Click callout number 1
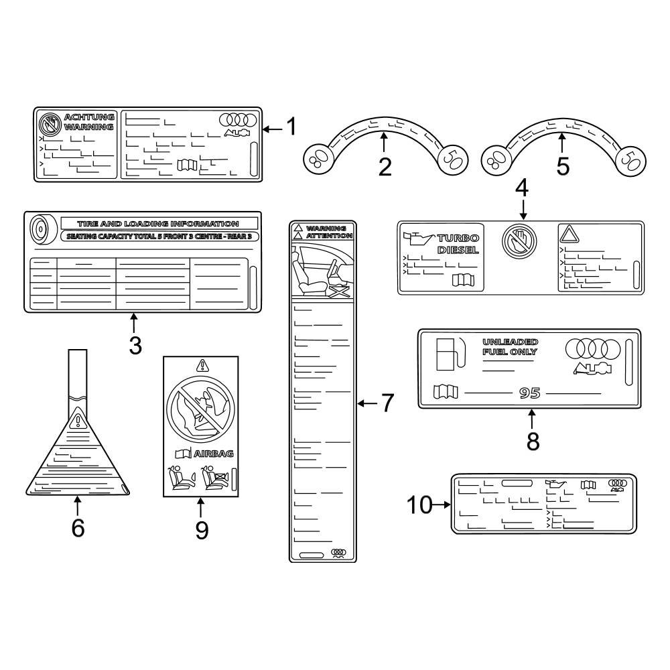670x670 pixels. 291,127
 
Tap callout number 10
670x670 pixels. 420,505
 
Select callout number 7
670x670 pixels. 387,403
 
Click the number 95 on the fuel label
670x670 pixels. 529,393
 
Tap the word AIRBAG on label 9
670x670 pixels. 214,454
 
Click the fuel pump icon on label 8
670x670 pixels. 448,353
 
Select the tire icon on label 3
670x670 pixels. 38,228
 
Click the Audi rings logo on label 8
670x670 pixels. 593,348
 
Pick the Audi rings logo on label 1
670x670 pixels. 238,119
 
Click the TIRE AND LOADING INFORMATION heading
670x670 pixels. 158,223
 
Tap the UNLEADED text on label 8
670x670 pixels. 510,342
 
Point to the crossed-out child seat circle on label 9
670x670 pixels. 200,407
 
